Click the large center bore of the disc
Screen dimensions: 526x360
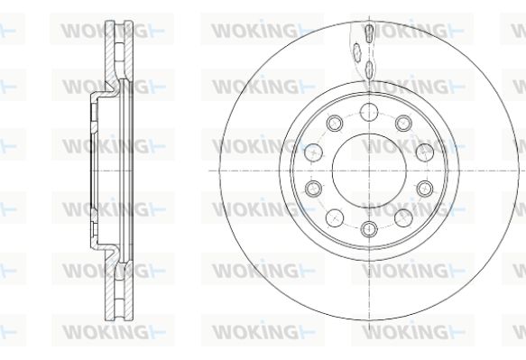tap(369, 171)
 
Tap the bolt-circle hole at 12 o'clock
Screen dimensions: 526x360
tap(369, 112)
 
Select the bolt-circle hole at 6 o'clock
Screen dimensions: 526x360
tap(369, 229)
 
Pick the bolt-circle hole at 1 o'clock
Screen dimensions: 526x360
tap(403, 123)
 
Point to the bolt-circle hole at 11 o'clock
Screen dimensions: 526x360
tap(335, 123)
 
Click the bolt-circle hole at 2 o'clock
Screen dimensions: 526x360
tap(425, 152)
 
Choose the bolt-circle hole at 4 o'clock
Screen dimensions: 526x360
tap(425, 189)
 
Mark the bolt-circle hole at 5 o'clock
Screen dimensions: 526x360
tap(403, 218)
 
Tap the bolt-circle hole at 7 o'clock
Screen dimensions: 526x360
tap(335, 218)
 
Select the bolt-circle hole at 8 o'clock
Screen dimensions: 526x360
tap(314, 189)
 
